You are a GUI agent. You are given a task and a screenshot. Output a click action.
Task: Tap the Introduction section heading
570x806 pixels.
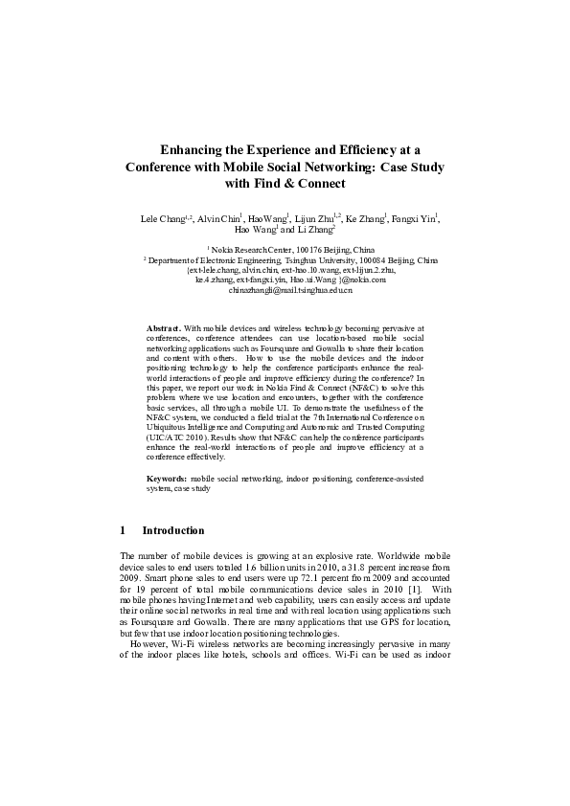173,530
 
